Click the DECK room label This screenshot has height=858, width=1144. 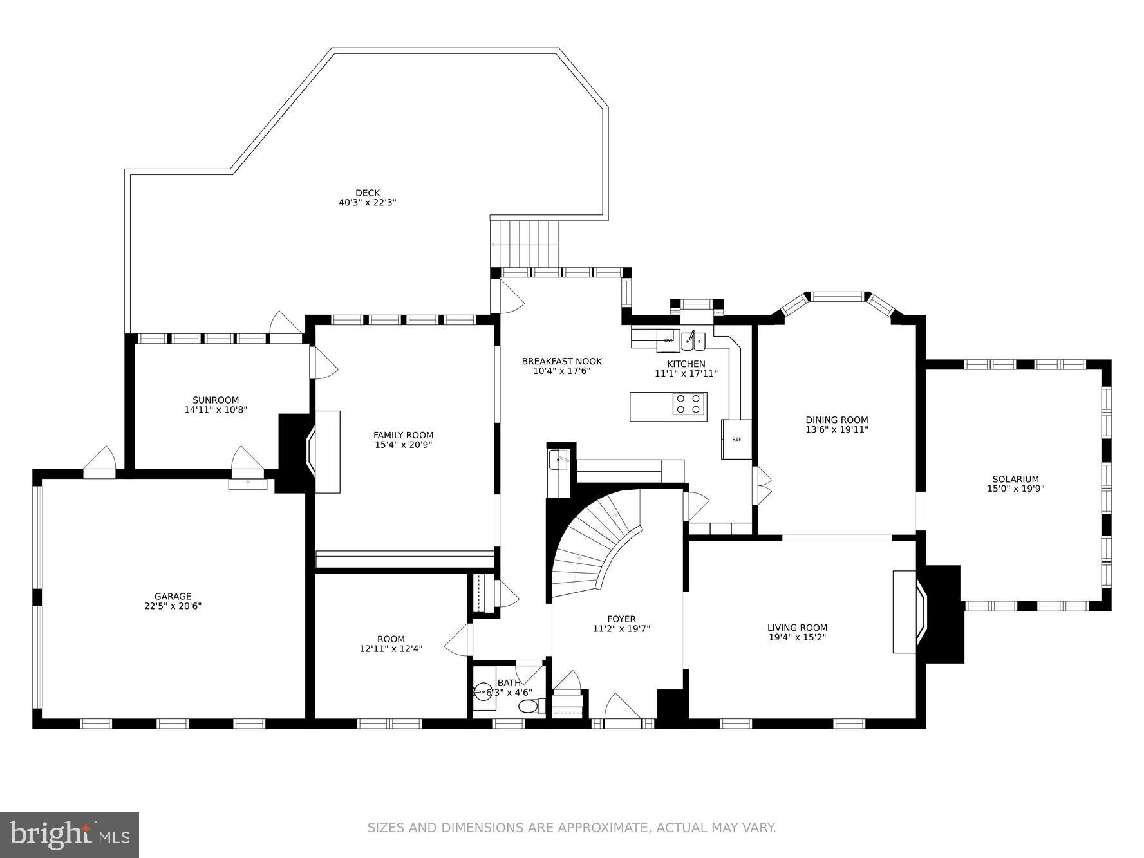pos(368,193)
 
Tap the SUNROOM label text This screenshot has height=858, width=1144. pos(216,400)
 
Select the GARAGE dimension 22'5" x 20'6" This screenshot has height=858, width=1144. pos(173,606)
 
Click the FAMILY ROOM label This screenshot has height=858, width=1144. pos(404,436)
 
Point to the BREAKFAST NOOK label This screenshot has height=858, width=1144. pos(561,362)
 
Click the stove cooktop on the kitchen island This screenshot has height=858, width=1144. pos(689,404)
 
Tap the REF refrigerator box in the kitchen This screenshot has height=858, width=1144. pos(736,439)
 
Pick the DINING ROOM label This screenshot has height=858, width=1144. pos(837,420)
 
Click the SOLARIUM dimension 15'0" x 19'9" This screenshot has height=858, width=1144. pos(1016,489)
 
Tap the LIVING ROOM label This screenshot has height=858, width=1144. pos(797,628)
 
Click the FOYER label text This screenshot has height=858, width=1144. pos(621,619)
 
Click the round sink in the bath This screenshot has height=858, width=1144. pos(482,693)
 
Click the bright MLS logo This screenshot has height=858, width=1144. pos(70,835)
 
